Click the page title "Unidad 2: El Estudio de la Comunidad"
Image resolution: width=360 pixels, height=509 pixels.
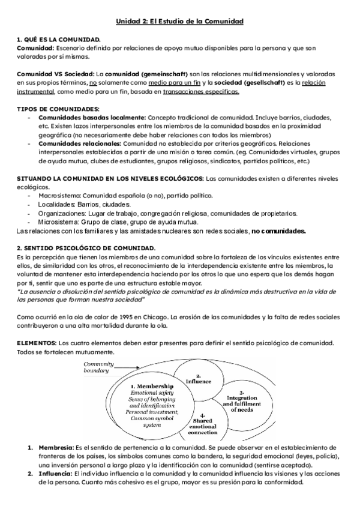coord(179,22)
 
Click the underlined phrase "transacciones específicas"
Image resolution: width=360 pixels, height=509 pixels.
coord(200,92)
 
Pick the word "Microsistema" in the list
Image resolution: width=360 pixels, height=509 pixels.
coord(59,221)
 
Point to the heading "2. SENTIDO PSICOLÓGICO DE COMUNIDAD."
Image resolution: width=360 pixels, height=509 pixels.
coord(86,248)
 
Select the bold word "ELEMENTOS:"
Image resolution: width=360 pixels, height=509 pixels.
coord(36,343)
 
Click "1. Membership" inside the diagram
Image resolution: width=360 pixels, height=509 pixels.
coord(152,386)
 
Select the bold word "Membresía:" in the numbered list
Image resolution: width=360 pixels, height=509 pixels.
coord(55,448)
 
